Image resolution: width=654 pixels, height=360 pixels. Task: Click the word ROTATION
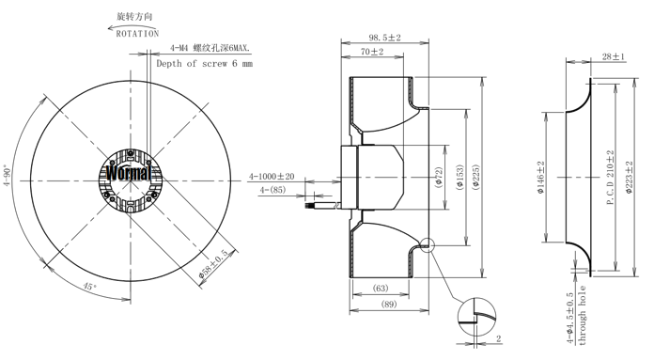tap(137, 34)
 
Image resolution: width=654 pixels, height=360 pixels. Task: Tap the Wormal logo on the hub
tap(128, 172)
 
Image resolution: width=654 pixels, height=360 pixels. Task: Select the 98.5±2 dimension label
tap(384, 38)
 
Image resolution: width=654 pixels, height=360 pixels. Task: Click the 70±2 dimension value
tap(372, 52)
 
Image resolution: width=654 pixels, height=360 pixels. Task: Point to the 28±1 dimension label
tap(614, 56)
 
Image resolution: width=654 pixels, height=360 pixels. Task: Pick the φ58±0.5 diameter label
tap(213, 264)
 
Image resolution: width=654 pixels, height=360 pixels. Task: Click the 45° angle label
tap(89, 287)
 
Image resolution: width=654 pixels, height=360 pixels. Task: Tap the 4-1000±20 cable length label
tap(272, 177)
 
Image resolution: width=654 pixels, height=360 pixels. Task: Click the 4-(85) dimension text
tap(273, 190)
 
